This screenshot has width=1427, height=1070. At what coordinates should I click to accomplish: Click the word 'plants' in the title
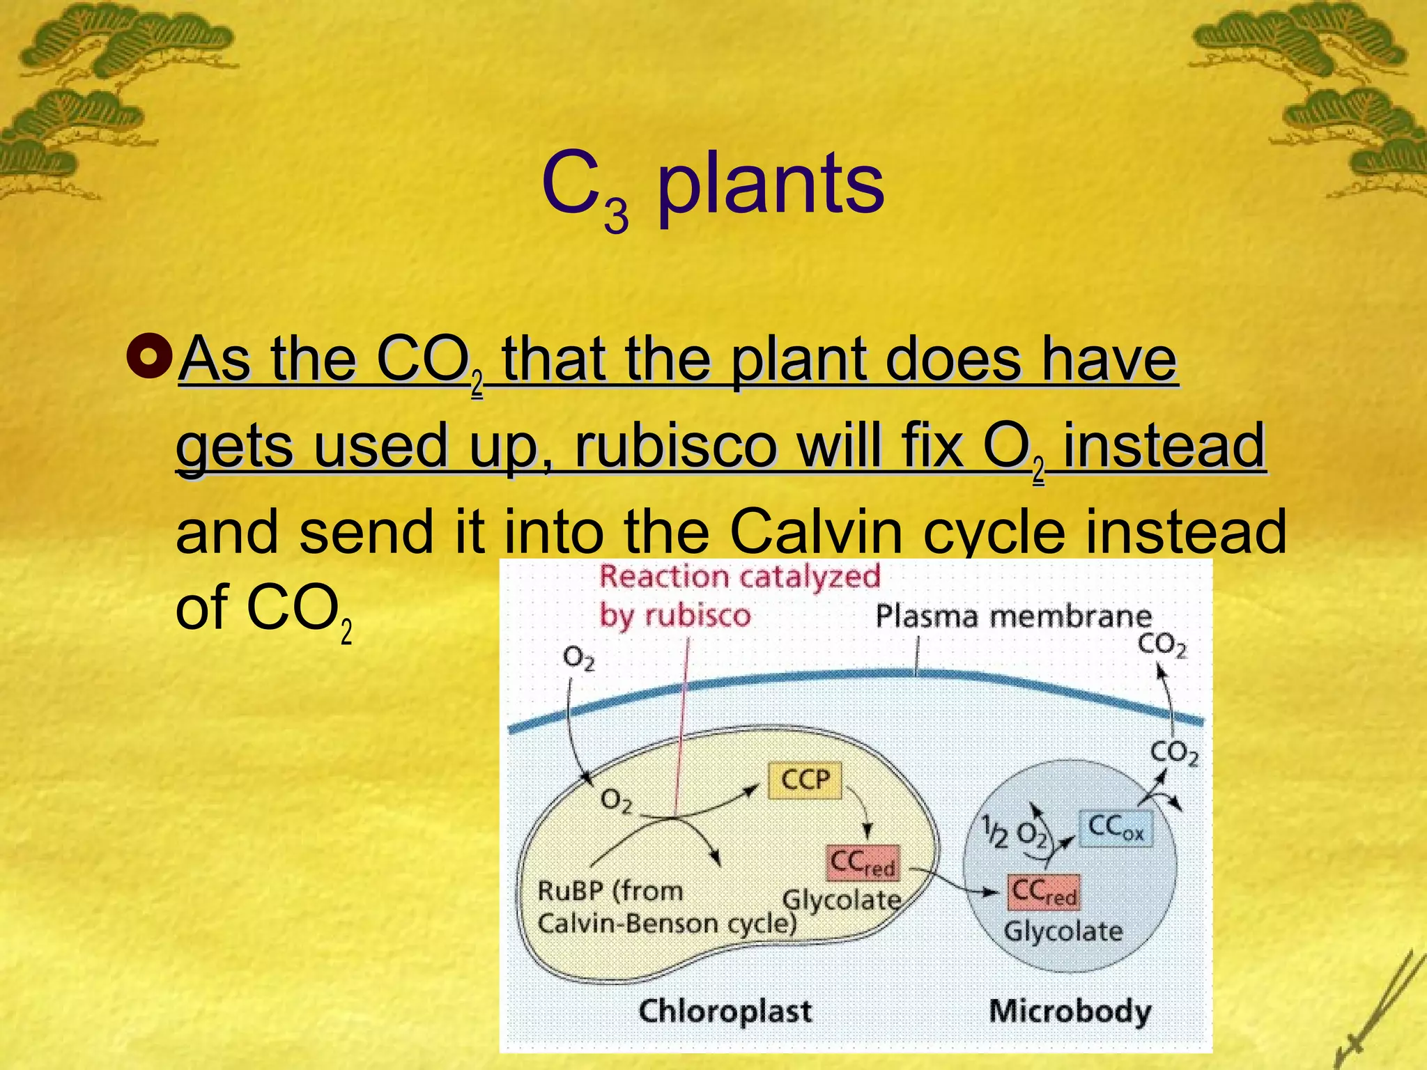(x=771, y=184)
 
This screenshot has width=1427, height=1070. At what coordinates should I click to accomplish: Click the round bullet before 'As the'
(x=148, y=357)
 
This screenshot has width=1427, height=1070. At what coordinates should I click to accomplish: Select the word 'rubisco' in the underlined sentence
(x=674, y=446)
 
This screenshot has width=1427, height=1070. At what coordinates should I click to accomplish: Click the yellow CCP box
(x=805, y=780)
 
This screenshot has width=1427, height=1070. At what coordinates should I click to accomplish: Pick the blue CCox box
(x=1116, y=828)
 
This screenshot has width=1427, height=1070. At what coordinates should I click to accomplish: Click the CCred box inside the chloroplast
(x=863, y=863)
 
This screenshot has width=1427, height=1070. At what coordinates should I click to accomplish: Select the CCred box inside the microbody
(x=1043, y=892)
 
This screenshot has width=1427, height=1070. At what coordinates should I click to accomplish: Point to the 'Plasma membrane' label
(x=1014, y=617)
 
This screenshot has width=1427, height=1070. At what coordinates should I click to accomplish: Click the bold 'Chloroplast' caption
(x=725, y=1011)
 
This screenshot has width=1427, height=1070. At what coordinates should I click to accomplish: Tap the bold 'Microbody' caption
(x=1070, y=1011)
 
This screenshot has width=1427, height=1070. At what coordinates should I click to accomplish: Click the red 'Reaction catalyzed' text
(x=740, y=577)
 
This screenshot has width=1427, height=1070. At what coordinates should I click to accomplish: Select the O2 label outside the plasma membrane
(x=578, y=658)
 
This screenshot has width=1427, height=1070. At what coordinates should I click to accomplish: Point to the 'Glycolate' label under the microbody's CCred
(x=1063, y=931)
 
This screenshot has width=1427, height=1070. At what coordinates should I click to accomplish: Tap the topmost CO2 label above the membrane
(x=1162, y=645)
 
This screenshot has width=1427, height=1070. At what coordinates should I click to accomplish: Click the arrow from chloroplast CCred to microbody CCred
(x=955, y=882)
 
